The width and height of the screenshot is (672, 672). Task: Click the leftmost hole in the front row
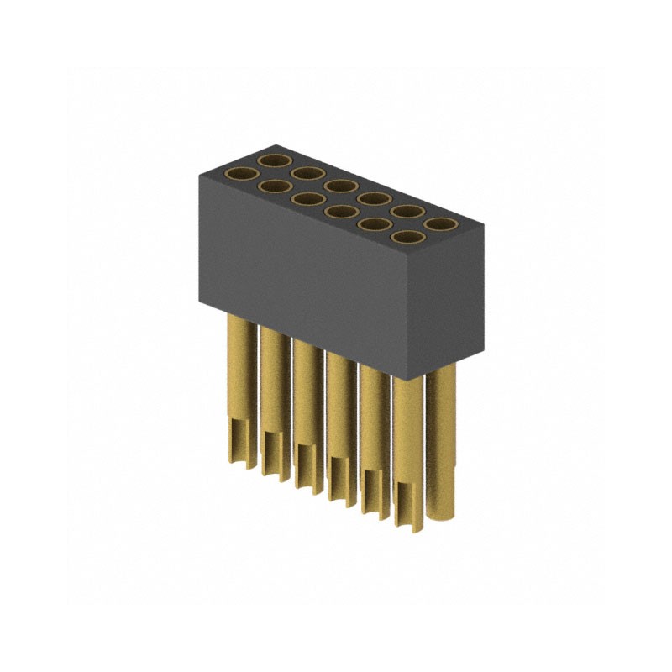tap(244, 174)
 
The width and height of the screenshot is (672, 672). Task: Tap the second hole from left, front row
tap(276, 186)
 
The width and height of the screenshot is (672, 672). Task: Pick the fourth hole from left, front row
tap(341, 212)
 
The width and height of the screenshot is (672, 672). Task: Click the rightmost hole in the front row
tap(407, 238)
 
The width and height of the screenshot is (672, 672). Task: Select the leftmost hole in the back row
tap(274, 159)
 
